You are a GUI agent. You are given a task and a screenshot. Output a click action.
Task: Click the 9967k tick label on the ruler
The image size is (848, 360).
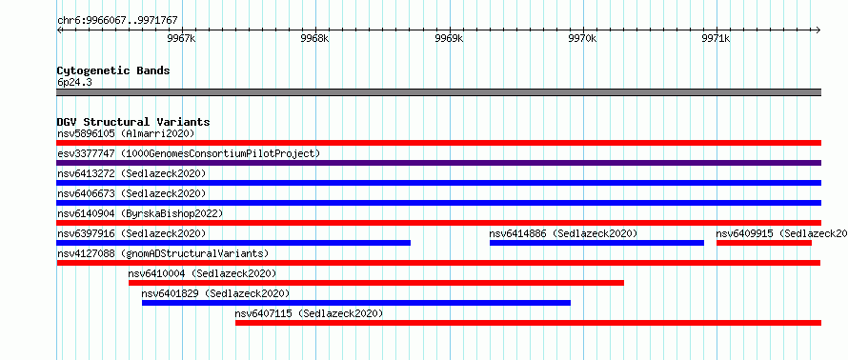click(182, 39)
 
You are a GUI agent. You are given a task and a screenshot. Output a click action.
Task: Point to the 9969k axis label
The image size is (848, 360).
click(450, 39)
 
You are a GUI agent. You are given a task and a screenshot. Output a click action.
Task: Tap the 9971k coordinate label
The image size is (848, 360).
click(717, 39)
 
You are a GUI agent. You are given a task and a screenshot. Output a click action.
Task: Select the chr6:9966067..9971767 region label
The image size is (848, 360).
click(117, 21)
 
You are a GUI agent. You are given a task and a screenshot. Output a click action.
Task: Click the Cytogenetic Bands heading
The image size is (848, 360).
click(113, 70)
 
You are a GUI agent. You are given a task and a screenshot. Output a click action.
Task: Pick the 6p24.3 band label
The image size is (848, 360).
click(74, 82)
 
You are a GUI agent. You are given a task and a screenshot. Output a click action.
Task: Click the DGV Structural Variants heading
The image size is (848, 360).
click(133, 122)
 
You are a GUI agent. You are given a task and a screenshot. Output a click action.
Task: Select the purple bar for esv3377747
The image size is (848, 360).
click(438, 163)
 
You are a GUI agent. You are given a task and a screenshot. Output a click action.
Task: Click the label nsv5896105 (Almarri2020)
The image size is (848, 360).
click(126, 133)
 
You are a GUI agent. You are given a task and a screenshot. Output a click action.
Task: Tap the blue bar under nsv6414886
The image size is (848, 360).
click(596, 243)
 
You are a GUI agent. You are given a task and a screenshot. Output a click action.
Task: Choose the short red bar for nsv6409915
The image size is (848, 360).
click(763, 243)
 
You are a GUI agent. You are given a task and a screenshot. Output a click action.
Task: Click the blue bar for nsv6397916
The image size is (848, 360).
click(233, 243)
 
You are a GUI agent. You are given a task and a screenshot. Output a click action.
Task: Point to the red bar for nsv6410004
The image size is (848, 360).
click(375, 283)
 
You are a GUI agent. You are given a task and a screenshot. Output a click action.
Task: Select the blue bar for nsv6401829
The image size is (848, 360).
click(355, 303)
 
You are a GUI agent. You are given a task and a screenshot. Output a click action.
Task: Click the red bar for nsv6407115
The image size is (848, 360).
click(528, 323)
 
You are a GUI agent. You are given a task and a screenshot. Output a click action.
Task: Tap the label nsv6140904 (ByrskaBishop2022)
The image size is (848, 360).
click(139, 213)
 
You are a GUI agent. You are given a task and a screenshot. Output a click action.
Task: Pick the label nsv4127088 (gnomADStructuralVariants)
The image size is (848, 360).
click(163, 253)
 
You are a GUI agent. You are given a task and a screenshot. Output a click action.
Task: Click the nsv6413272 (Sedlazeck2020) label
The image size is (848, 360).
click(131, 173)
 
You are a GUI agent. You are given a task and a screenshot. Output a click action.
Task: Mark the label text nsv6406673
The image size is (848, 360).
click(86, 193)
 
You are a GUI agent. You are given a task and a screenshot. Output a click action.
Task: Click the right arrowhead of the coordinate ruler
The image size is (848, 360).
click(818, 30)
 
